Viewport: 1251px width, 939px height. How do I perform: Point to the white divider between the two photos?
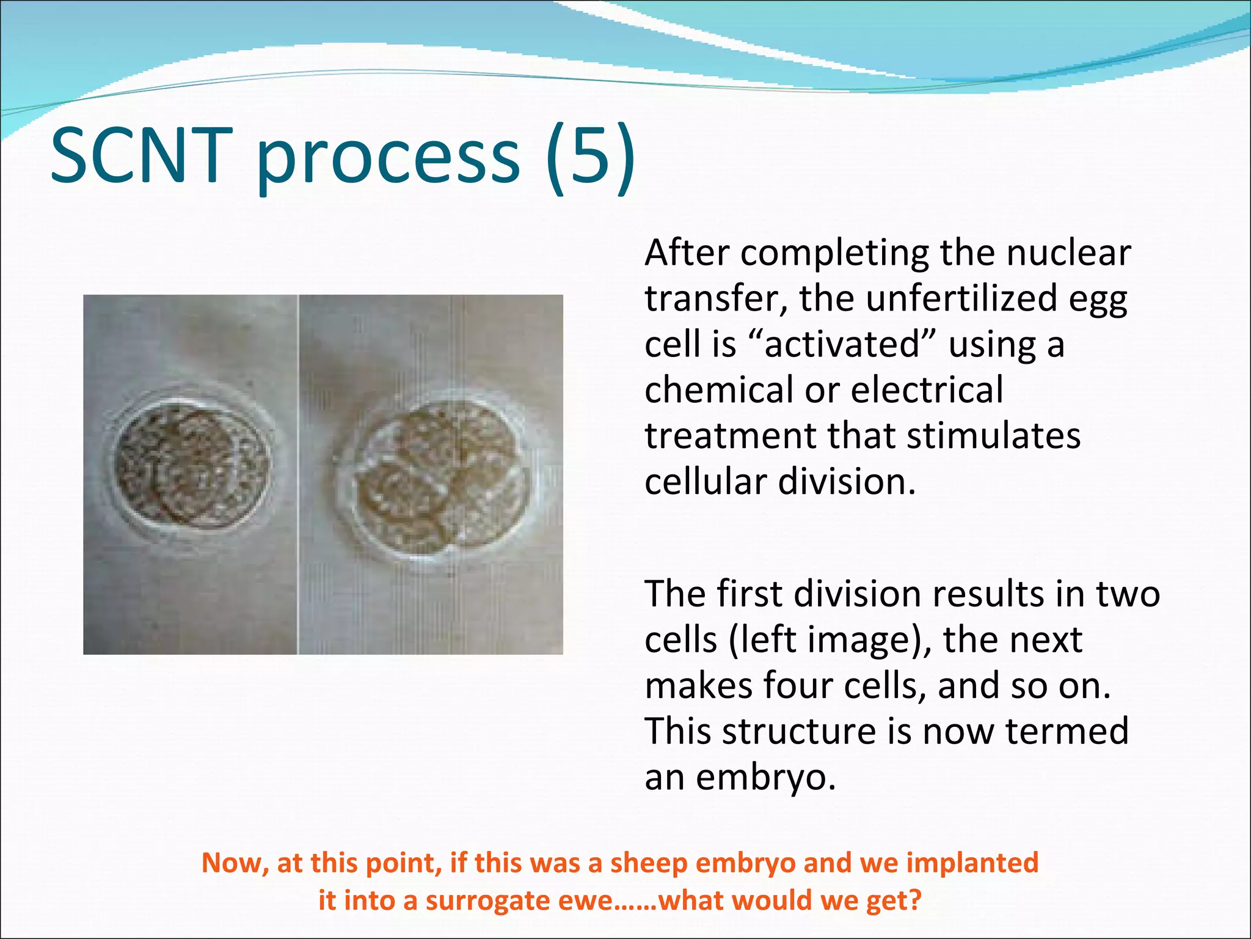coord(298,474)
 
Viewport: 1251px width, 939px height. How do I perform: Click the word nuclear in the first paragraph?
coord(1068,252)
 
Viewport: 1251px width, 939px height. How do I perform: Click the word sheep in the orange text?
coord(649,863)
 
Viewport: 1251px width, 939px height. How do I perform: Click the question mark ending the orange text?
coord(914,900)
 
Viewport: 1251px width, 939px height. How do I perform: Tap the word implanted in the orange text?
coord(972,863)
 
